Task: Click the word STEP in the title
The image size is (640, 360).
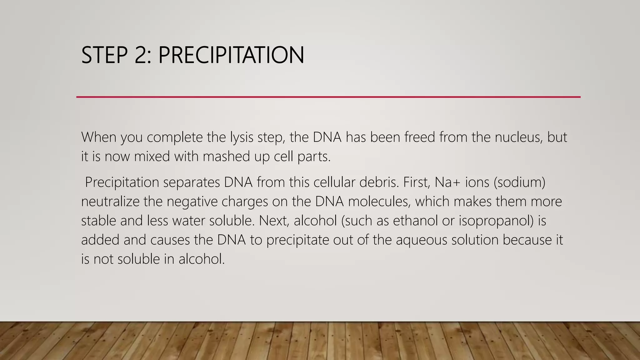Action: (104, 55)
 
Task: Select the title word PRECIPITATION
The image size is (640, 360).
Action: (231, 55)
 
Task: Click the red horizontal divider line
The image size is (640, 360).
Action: (328, 97)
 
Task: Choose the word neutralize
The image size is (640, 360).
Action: (110, 202)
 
